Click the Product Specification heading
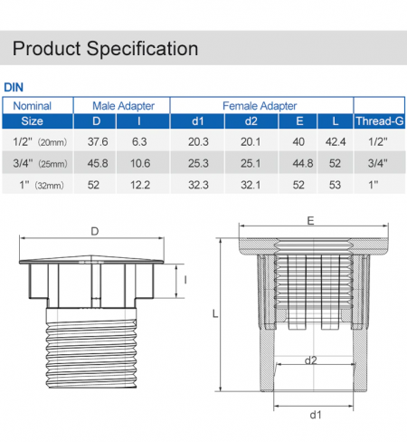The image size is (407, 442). (x=105, y=49)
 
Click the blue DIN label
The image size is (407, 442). (x=14, y=87)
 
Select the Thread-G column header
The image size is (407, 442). (x=379, y=121)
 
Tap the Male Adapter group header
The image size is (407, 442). (x=123, y=106)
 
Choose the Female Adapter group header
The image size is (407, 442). (x=260, y=106)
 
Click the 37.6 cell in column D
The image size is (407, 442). (x=98, y=141)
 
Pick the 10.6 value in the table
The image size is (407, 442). (x=140, y=163)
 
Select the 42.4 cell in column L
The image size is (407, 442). (x=336, y=141)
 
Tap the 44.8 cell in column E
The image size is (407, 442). (x=303, y=163)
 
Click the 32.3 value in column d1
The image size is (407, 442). (x=198, y=185)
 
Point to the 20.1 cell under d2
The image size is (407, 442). (x=251, y=141)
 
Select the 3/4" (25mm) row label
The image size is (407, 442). (x=40, y=163)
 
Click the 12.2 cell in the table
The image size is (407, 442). (x=140, y=185)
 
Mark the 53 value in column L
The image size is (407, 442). (x=335, y=185)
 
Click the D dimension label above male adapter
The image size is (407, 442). (x=95, y=231)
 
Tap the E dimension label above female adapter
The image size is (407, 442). (x=310, y=221)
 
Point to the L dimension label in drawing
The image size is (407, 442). (x=215, y=314)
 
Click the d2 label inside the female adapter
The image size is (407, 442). (x=311, y=360)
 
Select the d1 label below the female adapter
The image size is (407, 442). (x=316, y=415)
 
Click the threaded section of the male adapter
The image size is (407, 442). (x=91, y=353)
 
